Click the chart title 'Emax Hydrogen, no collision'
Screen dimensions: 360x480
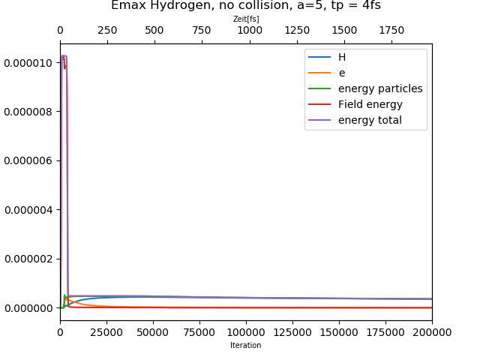(245, 6)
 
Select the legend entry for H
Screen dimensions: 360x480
(342, 57)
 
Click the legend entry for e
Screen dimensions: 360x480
(342, 73)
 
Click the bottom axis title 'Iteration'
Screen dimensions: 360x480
(245, 346)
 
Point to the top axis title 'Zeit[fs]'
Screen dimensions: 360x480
(245, 19)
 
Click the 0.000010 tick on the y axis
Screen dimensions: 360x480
(28, 62)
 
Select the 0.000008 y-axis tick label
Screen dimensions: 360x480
(28, 112)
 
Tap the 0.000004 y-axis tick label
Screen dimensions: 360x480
(28, 210)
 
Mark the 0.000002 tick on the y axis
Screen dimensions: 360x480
(28, 259)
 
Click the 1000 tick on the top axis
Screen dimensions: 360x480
(250, 31)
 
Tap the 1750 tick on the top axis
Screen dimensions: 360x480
(391, 31)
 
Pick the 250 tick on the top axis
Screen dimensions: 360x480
(107, 31)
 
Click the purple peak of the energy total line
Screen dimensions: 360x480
(64, 56)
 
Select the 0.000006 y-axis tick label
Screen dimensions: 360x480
(28, 160)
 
